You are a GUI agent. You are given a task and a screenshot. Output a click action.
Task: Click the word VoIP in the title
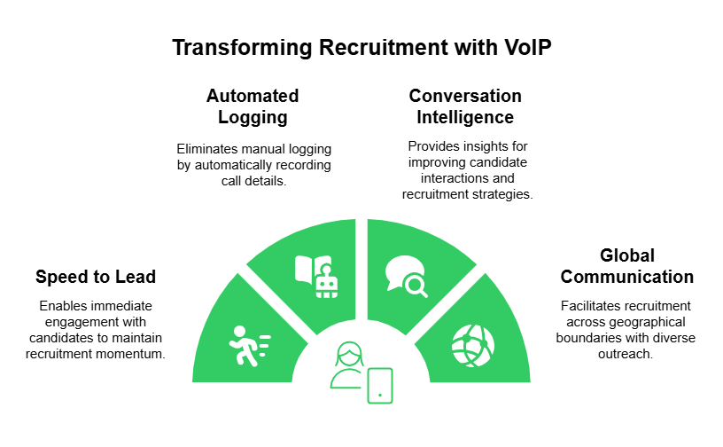pos(525,47)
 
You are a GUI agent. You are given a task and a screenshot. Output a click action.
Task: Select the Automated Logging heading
pos(253,106)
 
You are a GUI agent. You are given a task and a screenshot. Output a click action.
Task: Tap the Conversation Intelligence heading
pos(465,106)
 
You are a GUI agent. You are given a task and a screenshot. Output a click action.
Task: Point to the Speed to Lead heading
pos(96,277)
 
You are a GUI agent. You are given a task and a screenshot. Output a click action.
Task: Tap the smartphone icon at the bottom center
pos(379,384)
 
